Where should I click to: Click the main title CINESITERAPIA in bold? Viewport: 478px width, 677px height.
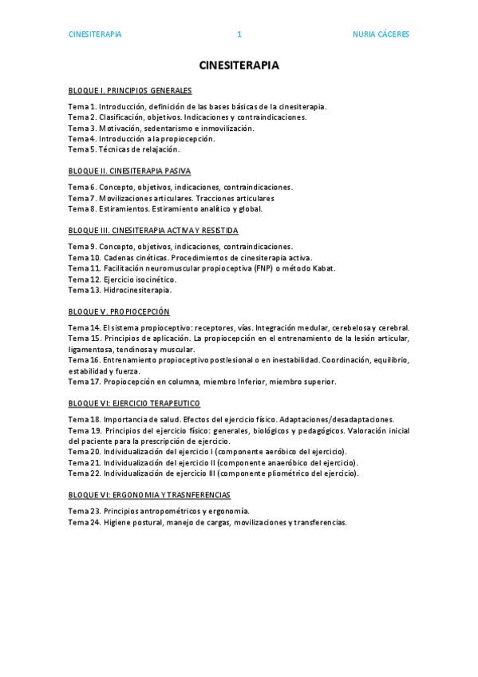coord(239,65)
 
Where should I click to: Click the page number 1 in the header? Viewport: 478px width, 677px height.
coord(239,34)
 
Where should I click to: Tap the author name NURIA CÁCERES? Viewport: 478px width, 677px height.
coord(381,34)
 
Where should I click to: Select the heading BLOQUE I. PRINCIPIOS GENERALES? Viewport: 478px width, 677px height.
coord(130,90)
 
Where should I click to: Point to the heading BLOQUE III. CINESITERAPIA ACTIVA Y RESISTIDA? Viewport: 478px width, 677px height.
coord(153,231)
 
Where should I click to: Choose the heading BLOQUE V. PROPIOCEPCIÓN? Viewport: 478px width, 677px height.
coord(119,311)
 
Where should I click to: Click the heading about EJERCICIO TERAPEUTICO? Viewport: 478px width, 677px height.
coord(134,403)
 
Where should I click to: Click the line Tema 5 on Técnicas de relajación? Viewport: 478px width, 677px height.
coord(124,148)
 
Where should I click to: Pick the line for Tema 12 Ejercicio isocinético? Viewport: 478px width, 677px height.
coord(122,279)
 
